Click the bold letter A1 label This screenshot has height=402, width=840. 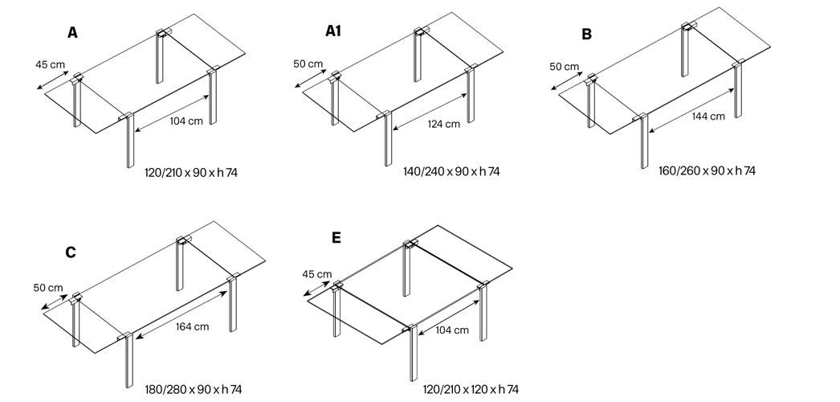click(x=332, y=31)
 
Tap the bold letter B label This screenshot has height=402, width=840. click(x=586, y=35)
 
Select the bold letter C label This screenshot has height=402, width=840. click(x=71, y=252)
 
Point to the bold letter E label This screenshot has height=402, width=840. click(x=336, y=237)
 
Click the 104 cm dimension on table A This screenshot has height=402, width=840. click(x=186, y=121)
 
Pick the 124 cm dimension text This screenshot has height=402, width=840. click(x=443, y=125)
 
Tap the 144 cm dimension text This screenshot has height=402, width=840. click(x=708, y=117)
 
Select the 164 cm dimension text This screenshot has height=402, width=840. click(x=192, y=326)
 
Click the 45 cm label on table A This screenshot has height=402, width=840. click(x=50, y=65)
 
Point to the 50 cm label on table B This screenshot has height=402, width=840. click(x=564, y=67)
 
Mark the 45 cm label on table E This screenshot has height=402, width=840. click(x=316, y=274)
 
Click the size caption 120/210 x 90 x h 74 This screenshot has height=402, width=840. click(x=191, y=173)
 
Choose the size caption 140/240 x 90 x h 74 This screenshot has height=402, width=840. click(x=451, y=171)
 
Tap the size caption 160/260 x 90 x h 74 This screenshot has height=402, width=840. click(x=707, y=171)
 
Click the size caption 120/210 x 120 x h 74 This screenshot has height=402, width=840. click(x=471, y=390)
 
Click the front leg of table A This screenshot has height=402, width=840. click(x=129, y=141)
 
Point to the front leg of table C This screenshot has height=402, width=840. click(x=129, y=360)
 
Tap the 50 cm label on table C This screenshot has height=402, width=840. click(x=47, y=288)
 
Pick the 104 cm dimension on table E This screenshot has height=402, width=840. click(x=451, y=330)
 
